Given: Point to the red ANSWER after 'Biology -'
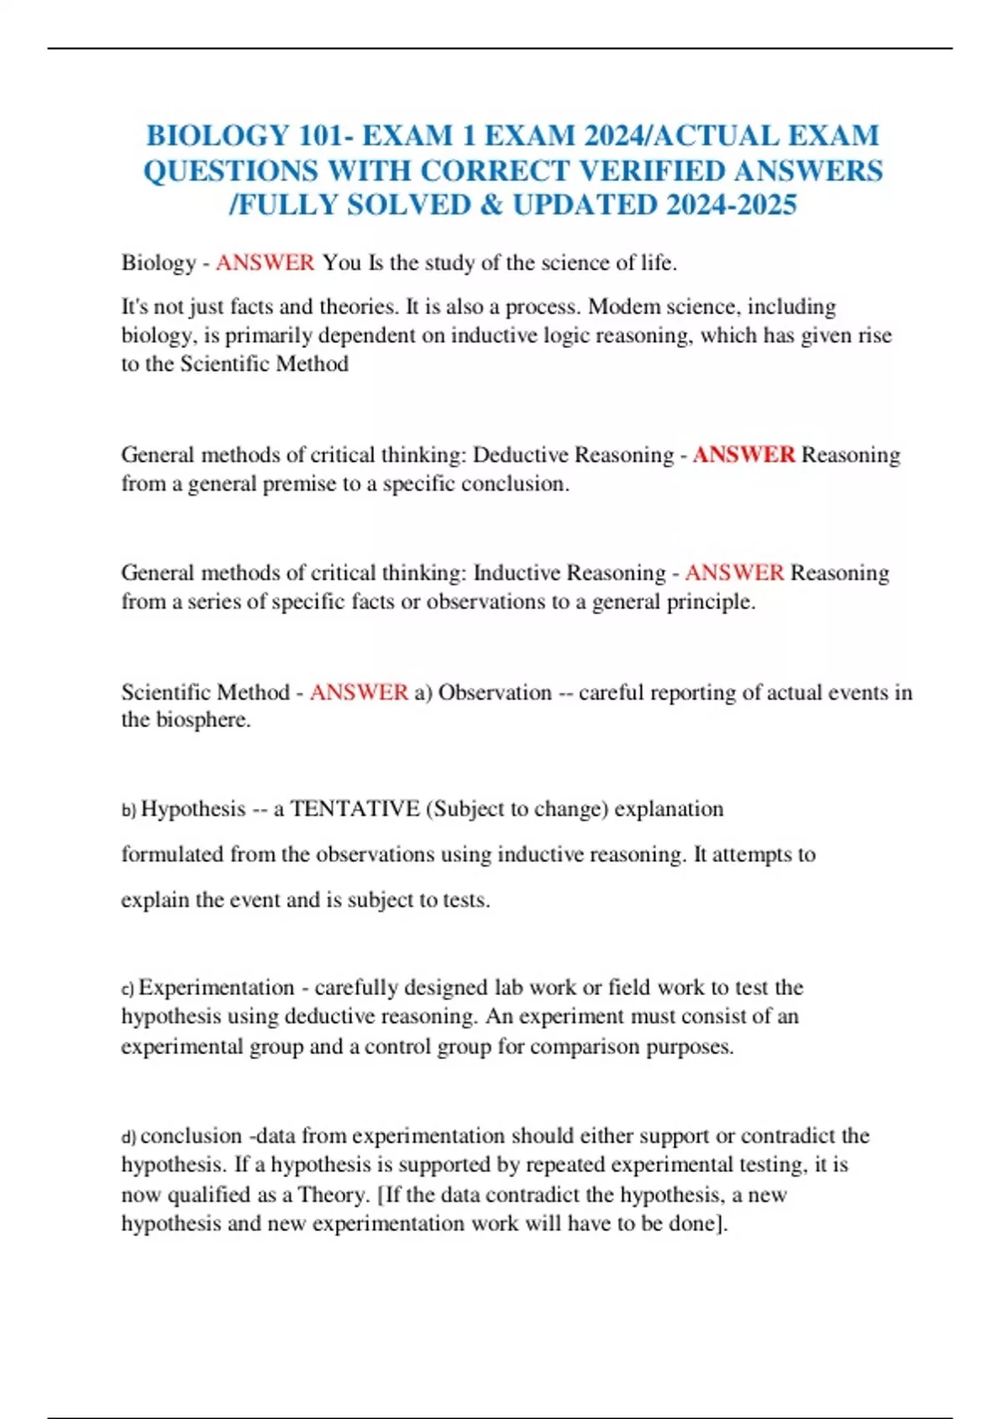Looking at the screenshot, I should pos(264,263).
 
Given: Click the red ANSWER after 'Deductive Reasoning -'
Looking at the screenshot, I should pos(743,455).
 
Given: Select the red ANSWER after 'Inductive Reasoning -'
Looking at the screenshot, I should pos(734,573).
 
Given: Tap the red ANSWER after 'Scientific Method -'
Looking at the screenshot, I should pos(359,692).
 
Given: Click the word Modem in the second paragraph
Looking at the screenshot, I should pos(616,306).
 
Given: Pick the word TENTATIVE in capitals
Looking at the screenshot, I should pos(355,809).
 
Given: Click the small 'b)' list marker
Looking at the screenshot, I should pos(128,810).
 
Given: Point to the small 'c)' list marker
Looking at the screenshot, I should pos(128,989).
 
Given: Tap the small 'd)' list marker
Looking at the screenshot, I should pos(128,1137).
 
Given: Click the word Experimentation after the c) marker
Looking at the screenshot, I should pos(216,987).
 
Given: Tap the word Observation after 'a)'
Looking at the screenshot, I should pos(495,692).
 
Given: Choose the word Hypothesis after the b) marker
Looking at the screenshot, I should pos(193,809).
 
